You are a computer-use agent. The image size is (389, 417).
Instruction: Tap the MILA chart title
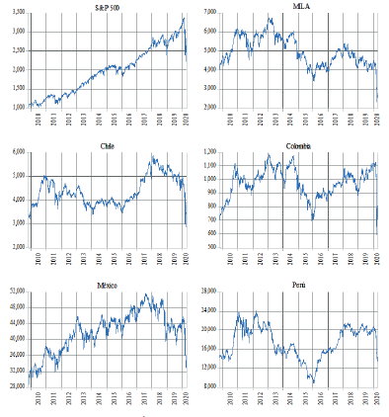[296, 7]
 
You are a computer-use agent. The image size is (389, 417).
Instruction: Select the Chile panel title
[106, 146]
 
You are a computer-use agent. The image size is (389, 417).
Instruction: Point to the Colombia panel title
[296, 146]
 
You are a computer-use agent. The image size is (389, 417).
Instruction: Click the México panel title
[106, 287]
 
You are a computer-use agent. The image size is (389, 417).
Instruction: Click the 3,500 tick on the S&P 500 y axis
[17, 12]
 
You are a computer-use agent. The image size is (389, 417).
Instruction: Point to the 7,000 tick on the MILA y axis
[208, 12]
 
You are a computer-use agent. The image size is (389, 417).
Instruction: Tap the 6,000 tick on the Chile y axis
[17, 152]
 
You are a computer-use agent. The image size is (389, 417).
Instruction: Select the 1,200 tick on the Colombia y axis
[208, 152]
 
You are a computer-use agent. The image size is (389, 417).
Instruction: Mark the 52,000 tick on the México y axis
[15, 292]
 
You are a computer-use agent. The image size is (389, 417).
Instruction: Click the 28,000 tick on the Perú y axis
[206, 292]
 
